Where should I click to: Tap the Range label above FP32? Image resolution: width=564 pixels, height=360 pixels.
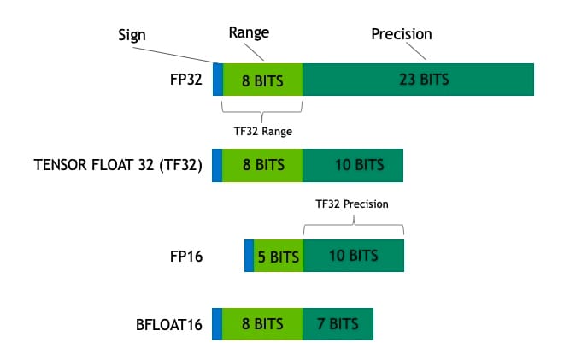pos(248,32)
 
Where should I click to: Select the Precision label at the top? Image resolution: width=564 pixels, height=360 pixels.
pos(401,34)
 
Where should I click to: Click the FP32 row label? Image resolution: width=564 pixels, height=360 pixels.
pos(185,80)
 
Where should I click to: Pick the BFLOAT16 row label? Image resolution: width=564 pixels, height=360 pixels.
pos(162,324)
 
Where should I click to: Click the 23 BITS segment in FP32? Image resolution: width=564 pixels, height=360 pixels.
pos(418,80)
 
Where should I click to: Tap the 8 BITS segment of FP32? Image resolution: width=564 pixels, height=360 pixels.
pos(262,80)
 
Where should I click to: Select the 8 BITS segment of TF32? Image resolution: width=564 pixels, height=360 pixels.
pos(262,165)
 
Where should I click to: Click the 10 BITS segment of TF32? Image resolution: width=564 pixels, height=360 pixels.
pos(352,165)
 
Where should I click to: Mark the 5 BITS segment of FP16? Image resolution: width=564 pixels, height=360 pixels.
pos(278,256)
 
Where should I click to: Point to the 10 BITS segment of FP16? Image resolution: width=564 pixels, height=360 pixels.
pos(352,256)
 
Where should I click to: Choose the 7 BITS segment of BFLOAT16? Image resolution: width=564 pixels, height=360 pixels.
pos(338,324)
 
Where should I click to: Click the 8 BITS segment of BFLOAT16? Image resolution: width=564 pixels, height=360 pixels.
pos(262,324)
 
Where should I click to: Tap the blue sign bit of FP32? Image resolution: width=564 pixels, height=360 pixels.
pos(218,80)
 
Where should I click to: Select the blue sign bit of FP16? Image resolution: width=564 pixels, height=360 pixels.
pos(249,256)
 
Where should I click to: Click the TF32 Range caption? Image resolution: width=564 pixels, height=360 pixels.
pos(262,131)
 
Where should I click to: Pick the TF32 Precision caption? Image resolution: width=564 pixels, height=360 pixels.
pos(353,204)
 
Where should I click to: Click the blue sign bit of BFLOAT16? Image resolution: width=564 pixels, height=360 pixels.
pos(217,324)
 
